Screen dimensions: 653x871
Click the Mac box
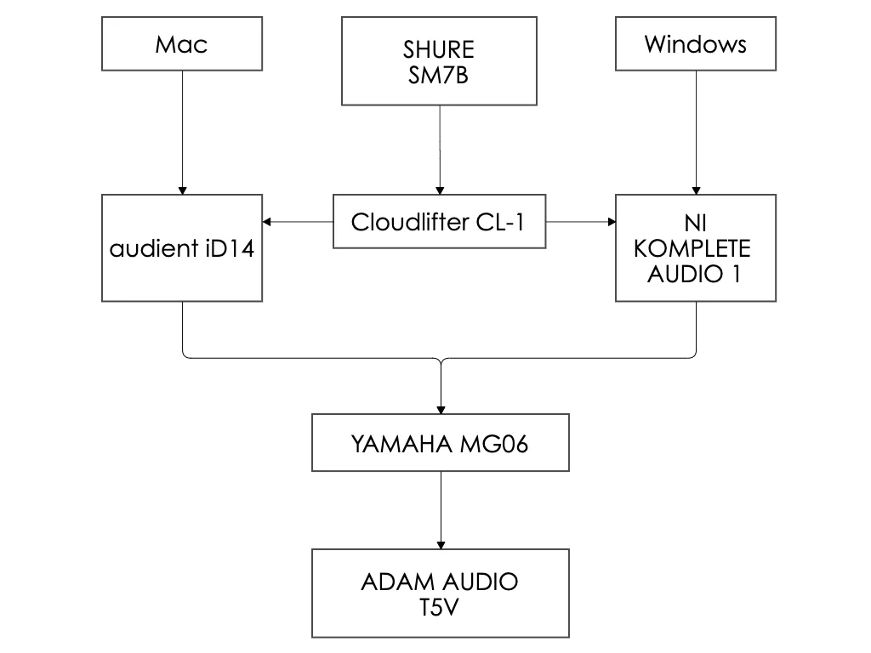[180, 44]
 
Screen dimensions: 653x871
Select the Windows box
[695, 44]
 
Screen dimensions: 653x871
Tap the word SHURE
[438, 49]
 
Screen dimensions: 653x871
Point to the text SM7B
[438, 76]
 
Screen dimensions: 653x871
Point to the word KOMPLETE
[692, 249]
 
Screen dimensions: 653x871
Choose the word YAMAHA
[401, 444]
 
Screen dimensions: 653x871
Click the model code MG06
[494, 444]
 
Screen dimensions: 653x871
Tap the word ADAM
[394, 582]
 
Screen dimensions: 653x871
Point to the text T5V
[439, 608]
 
